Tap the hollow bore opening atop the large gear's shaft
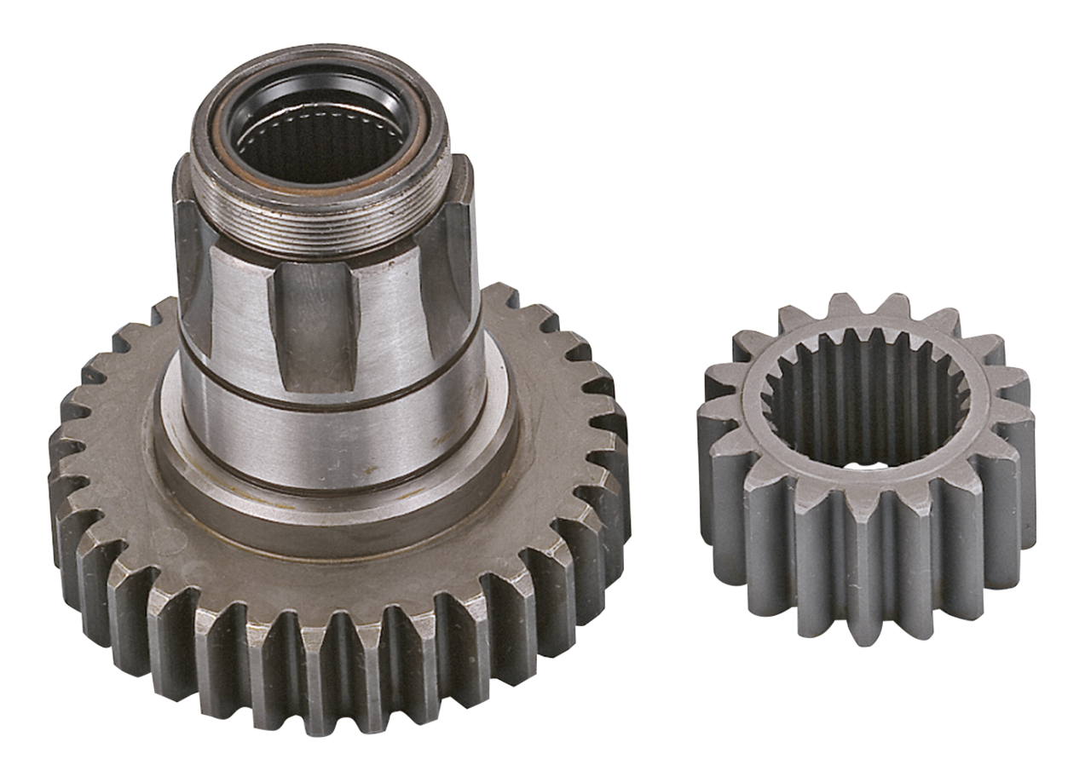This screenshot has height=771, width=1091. tap(317, 136)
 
